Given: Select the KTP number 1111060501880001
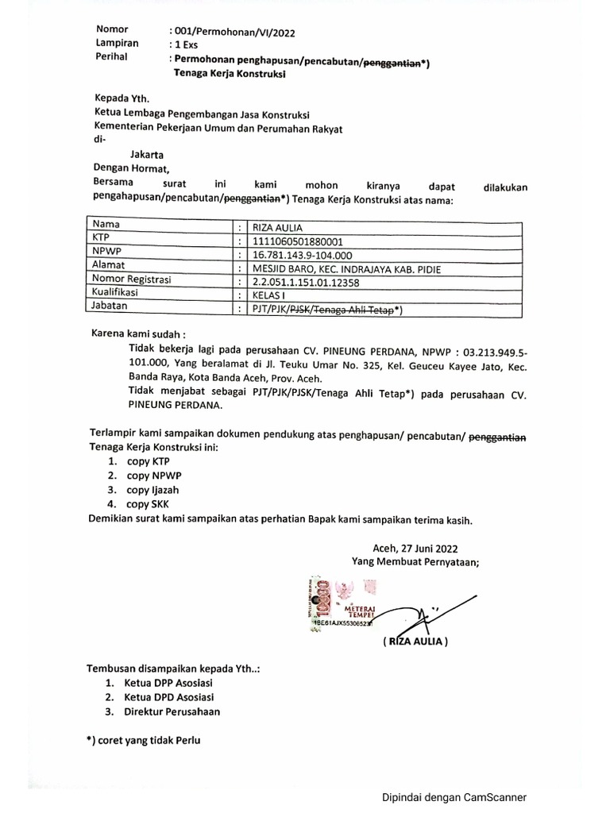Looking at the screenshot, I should coord(298,240).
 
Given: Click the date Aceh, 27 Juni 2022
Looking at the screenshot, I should coord(415,548).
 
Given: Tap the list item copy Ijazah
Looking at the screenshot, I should coord(151,490).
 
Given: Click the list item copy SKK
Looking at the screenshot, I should coord(147,504).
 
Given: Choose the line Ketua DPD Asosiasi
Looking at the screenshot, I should coord(168,697).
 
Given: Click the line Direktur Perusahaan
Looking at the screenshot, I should coord(172,711).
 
